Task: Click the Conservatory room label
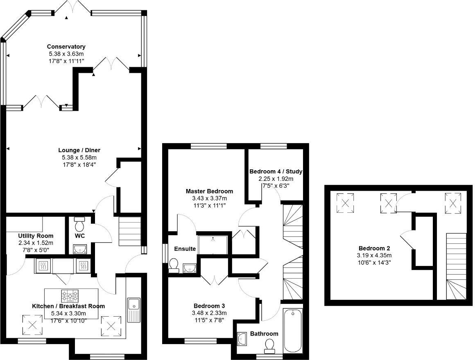pos(66,47)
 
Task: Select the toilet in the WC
pos(79,224)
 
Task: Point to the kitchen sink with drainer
pos(133,310)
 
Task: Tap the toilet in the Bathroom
pos(270,346)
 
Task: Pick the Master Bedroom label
pos(209,191)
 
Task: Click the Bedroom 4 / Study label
pos(276,171)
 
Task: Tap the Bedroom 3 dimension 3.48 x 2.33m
pos(209,313)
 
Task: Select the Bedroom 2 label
pos(374,248)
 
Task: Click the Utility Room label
pos(36,236)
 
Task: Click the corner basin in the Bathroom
pos(242,338)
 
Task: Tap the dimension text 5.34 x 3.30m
pos(68,313)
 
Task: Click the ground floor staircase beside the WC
pos(130,232)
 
